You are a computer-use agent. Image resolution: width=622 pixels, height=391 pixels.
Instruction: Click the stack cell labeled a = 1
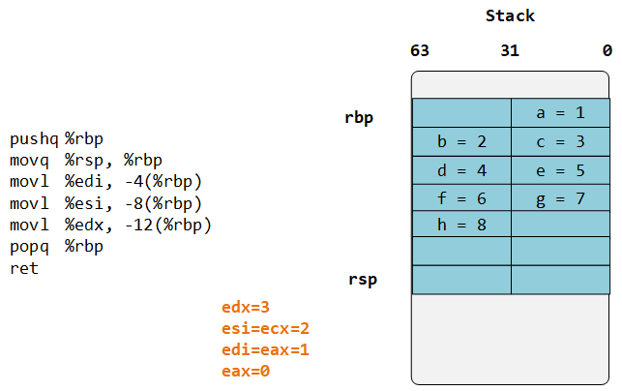(x=560, y=113)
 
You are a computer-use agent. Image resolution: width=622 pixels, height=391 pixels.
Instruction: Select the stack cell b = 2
(x=461, y=141)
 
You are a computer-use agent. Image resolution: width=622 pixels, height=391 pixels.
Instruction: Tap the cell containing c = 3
(x=560, y=141)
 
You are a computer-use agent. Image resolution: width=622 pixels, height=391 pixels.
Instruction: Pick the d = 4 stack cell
(x=461, y=169)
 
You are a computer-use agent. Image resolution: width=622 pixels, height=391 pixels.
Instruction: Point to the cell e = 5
(x=560, y=169)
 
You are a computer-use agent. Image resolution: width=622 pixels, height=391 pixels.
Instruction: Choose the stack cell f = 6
(x=461, y=197)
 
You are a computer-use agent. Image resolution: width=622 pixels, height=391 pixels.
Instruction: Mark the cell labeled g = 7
(x=560, y=197)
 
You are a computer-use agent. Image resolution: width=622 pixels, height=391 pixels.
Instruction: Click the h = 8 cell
(x=461, y=225)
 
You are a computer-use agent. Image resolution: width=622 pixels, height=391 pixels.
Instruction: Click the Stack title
(x=510, y=16)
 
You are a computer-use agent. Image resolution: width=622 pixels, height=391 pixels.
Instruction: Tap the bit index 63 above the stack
(x=420, y=50)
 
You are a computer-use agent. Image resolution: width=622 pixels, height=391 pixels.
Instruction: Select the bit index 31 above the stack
(x=511, y=50)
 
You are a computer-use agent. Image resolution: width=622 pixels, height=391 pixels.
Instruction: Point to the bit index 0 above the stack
(x=607, y=50)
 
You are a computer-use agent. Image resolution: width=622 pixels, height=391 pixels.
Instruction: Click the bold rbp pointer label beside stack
(x=359, y=118)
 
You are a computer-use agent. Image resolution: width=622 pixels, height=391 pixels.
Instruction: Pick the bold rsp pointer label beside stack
(x=363, y=281)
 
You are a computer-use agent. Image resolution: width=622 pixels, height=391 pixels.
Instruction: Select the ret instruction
(x=24, y=267)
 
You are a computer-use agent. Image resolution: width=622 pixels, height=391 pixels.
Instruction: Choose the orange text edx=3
(x=246, y=308)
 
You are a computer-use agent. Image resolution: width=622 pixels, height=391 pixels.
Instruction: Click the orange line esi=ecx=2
(x=265, y=329)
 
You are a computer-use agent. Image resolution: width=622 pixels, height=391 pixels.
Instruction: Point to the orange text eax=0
(x=246, y=372)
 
